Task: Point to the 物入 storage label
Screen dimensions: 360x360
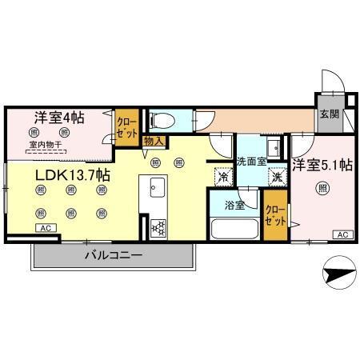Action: [154, 142]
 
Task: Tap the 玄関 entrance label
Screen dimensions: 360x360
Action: [328, 115]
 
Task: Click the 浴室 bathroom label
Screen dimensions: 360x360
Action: [234, 204]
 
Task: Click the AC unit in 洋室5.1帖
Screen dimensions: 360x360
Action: [342, 234]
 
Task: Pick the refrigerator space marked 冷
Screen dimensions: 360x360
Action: [221, 177]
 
